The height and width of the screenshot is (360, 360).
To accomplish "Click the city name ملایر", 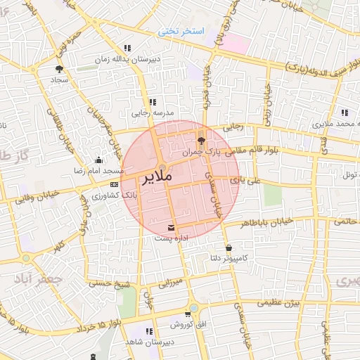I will point(157,177).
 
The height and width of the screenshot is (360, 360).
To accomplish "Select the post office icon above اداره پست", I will point(172,226).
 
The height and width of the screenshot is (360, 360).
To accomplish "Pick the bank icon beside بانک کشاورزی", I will point(114,184).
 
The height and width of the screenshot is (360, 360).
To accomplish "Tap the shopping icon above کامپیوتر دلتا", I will point(229,248).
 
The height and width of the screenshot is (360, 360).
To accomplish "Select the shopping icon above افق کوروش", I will point(188,314).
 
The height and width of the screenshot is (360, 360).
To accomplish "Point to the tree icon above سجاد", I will point(58,69).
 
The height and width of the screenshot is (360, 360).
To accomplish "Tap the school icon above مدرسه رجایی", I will point(152,102).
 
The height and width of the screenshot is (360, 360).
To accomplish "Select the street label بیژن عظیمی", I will point(277,303).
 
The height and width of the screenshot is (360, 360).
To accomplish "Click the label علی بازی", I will point(250,181).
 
